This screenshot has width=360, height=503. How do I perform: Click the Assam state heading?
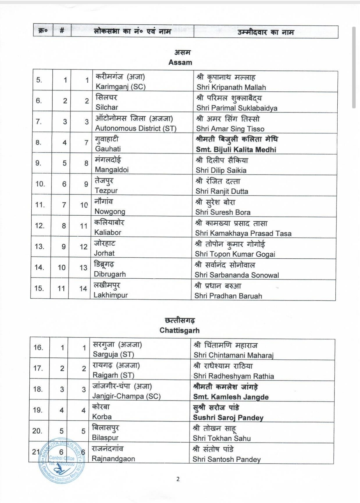click(180, 62)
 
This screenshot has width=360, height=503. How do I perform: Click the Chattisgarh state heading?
click(179, 330)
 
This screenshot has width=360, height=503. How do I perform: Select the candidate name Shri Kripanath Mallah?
click(231, 87)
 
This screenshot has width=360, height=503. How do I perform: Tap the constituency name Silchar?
click(107, 107)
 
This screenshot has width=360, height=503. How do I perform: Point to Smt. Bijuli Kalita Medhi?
click(236, 150)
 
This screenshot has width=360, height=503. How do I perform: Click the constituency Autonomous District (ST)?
click(135, 128)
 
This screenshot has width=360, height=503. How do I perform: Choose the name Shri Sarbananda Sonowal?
click(237, 275)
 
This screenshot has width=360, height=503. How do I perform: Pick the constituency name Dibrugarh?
click(110, 274)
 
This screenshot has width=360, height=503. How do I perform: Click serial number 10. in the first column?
click(40, 184)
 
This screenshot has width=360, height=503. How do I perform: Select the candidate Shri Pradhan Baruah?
click(228, 296)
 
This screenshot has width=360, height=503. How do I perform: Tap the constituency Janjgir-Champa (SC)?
click(126, 396)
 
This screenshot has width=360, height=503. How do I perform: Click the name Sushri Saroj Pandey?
click(228, 418)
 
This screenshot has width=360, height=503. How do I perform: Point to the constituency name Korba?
click(102, 417)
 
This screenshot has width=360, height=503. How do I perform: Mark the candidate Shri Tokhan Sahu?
click(222, 438)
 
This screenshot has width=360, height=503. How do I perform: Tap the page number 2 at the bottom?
click(178, 479)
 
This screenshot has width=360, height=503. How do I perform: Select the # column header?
click(62, 31)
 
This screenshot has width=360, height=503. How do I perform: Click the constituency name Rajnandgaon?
click(113, 459)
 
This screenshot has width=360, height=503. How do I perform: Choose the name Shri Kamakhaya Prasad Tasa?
click(243, 233)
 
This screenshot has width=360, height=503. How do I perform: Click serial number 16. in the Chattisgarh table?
click(38, 347)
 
